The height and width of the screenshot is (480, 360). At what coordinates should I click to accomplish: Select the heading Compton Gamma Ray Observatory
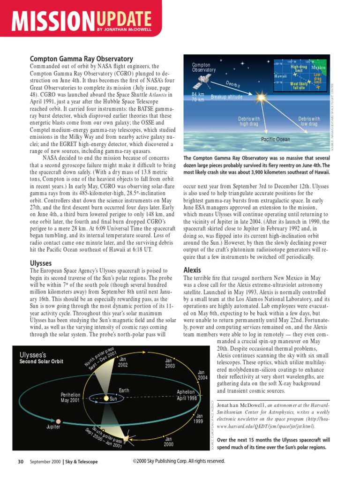pyautogui.click(x=82, y=59)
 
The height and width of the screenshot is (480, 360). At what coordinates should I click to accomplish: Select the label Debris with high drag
pyautogui.click(x=249, y=121)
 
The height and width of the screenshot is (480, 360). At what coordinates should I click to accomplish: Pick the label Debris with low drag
pyautogui.click(x=309, y=121)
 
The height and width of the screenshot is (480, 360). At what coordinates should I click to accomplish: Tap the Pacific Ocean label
pyautogui.click(x=275, y=139)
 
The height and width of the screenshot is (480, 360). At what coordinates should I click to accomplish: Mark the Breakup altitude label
pyautogui.click(x=226, y=97)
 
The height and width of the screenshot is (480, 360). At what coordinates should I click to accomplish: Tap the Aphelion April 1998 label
pyautogui.click(x=187, y=395)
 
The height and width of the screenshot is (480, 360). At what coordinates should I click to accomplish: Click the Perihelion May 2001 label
pyautogui.click(x=70, y=397)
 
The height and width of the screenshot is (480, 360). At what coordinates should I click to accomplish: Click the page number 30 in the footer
pyautogui.click(x=21, y=462)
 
